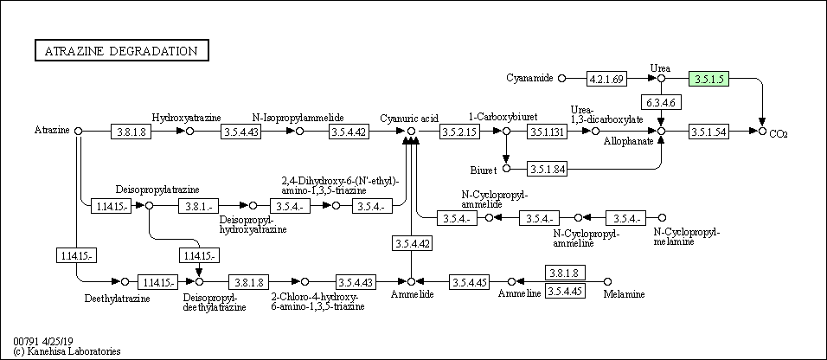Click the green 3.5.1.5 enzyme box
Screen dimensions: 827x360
pos(708,79)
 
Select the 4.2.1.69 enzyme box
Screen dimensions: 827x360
pos(607,79)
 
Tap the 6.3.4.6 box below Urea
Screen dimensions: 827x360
pos(662,102)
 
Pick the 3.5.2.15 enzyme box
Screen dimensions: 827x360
pos(460,132)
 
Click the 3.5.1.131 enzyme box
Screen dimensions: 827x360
pos(547,132)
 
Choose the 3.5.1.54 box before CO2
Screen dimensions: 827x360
pos(708,132)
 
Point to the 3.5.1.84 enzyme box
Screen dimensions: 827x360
pos(547,170)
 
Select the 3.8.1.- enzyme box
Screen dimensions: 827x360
pos(199,206)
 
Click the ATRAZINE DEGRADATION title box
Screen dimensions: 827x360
pos(122,51)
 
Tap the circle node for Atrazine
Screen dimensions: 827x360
pos(79,131)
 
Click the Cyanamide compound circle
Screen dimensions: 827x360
pos(561,78)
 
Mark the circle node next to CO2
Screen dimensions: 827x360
pos(762,131)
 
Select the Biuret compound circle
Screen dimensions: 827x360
pos(507,169)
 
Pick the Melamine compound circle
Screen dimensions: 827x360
pos(607,281)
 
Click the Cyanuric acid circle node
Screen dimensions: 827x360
pos(412,131)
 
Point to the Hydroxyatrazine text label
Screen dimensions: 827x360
pos(187,117)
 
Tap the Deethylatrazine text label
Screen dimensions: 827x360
pos(117,299)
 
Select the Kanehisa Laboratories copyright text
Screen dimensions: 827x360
pos(67,351)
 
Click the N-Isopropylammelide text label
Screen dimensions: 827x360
pos(298,117)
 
